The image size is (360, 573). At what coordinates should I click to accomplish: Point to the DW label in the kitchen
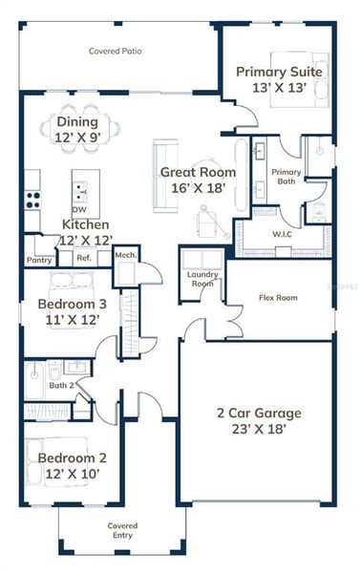(80, 210)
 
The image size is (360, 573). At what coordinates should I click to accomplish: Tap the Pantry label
(39, 259)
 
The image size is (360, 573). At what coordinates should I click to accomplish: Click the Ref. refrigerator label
(83, 258)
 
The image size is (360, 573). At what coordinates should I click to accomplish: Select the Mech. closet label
(125, 255)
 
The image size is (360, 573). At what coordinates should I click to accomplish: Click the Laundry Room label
(201, 279)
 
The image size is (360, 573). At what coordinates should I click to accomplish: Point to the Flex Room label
(278, 298)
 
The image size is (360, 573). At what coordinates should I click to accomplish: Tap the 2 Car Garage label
(258, 413)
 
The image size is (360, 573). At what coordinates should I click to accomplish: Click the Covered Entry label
(122, 530)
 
